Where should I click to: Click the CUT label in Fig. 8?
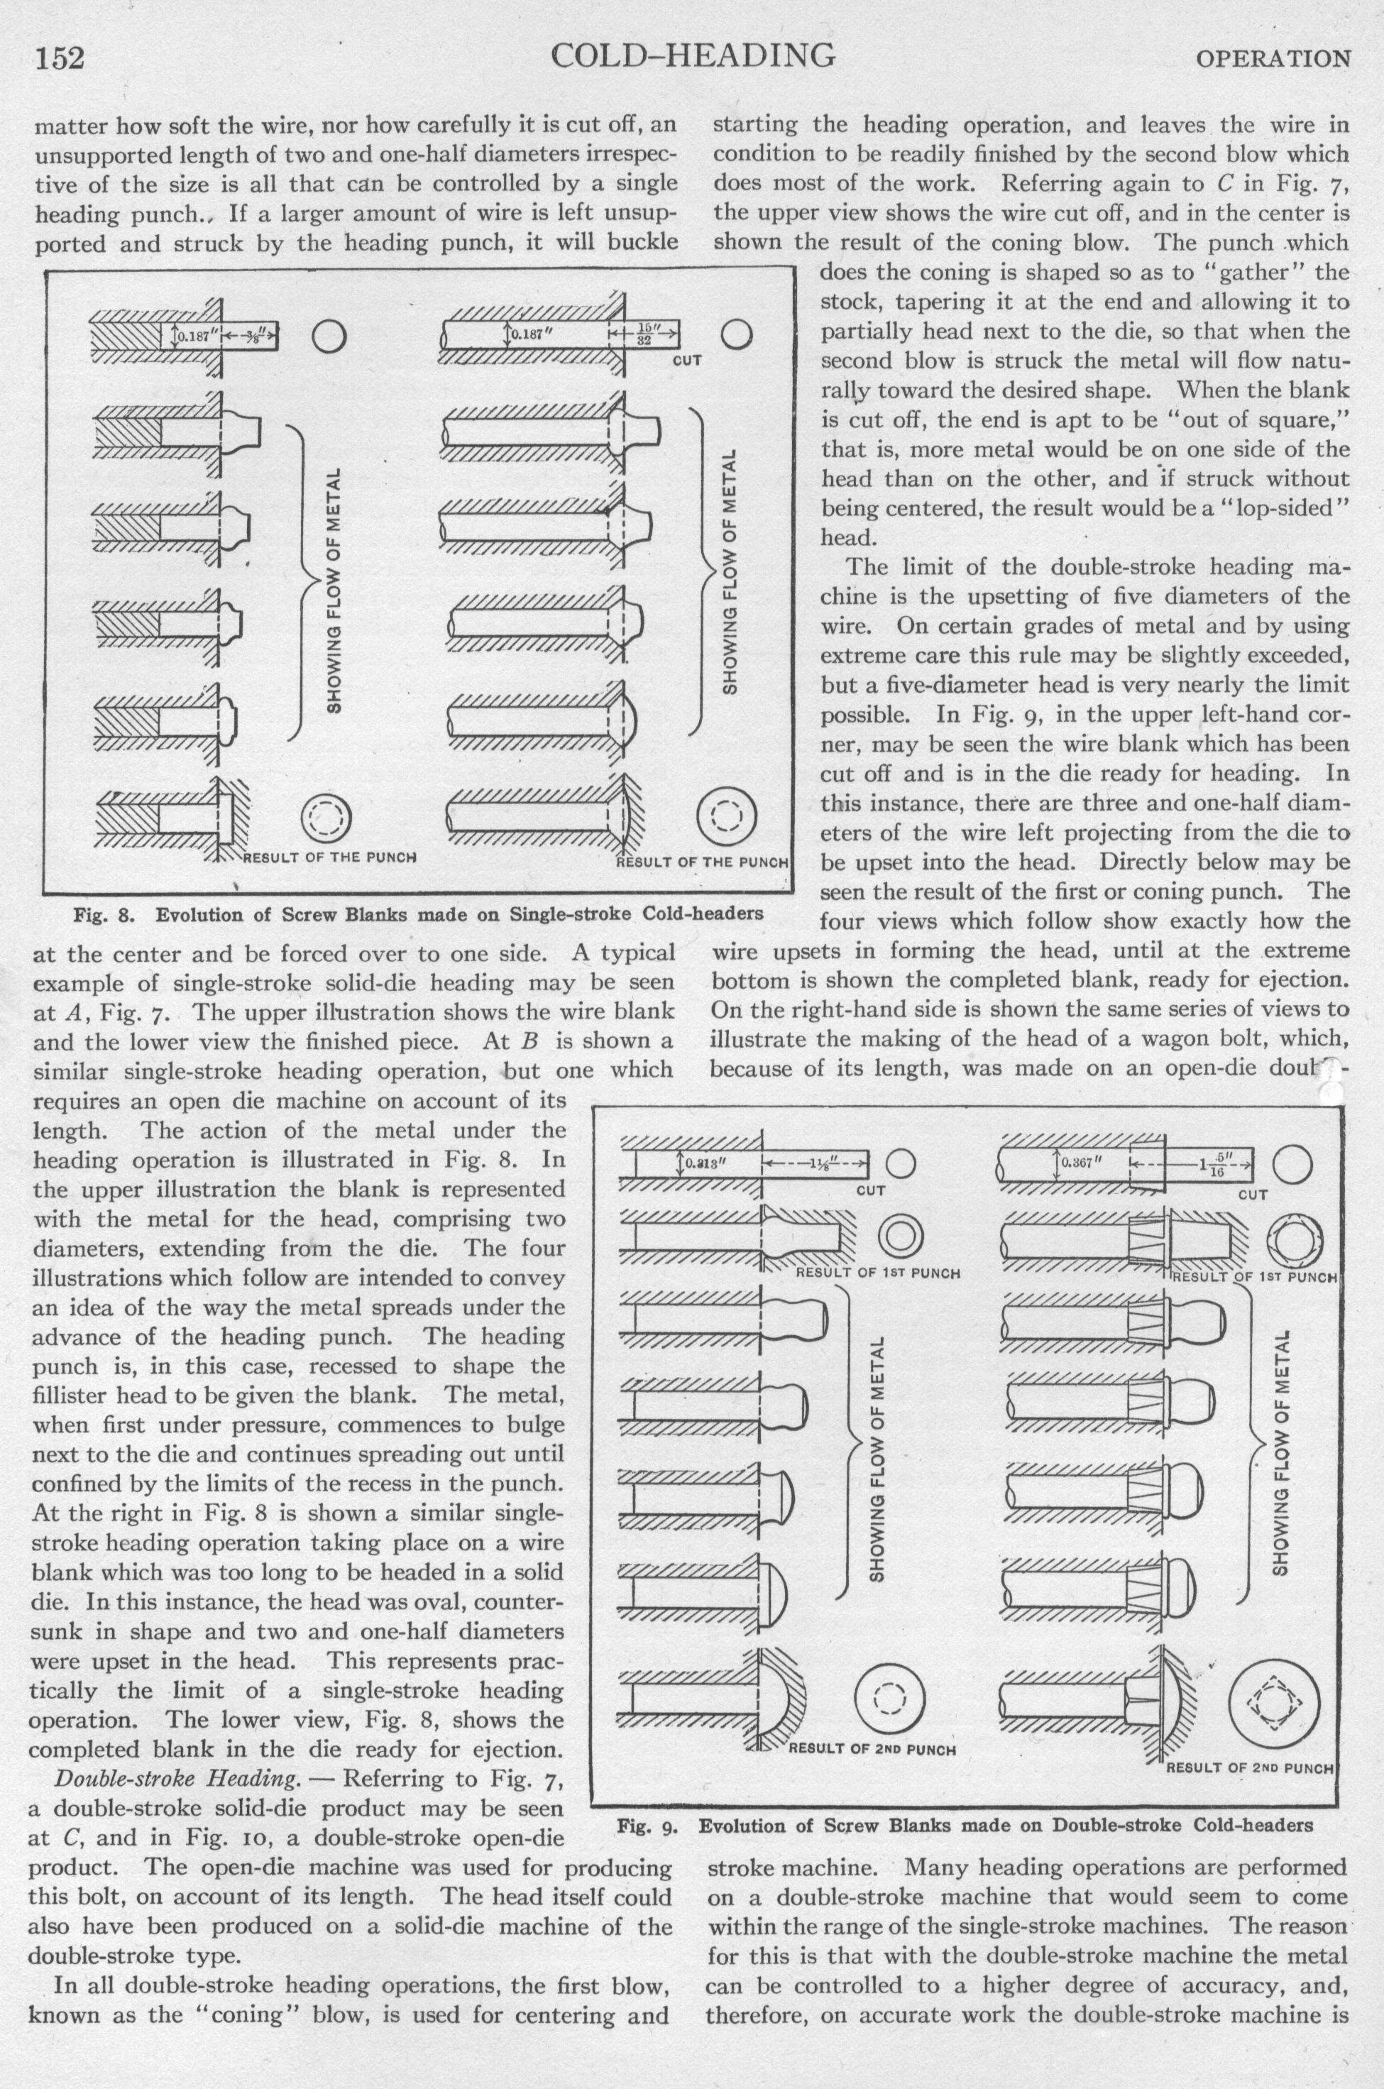click(687, 361)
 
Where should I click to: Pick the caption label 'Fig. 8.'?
click(101, 914)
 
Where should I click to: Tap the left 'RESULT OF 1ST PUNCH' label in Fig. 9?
click(877, 1273)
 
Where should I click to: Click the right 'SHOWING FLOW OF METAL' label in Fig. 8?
click(730, 571)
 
